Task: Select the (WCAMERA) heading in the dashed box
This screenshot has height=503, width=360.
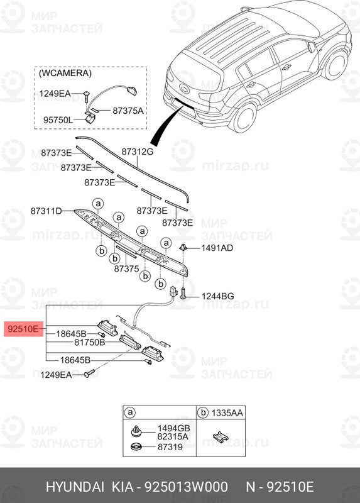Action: [65, 74]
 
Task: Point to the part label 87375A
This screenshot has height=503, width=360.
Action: [128, 111]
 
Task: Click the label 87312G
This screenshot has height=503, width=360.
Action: [137, 152]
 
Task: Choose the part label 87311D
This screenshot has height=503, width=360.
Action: [46, 211]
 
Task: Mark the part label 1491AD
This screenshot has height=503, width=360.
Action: [217, 248]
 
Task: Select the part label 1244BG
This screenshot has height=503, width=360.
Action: [217, 296]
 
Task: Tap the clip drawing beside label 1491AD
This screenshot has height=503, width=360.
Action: [185, 246]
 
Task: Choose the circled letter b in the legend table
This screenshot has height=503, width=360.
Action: [203, 412]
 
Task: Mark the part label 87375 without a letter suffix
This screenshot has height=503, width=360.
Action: [126, 268]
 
